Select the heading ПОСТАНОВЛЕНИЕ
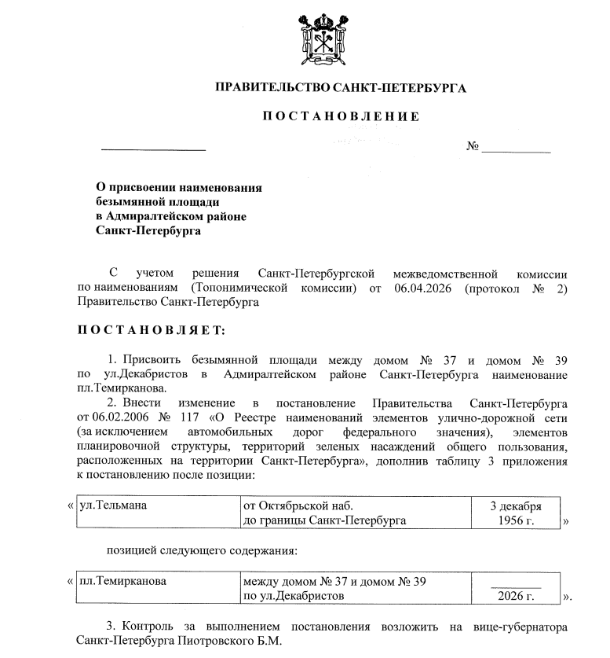click(x=341, y=117)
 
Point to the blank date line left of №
click(x=153, y=148)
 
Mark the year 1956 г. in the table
click(x=515, y=520)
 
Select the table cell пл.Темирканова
click(x=122, y=583)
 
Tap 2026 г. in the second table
click(x=515, y=597)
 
